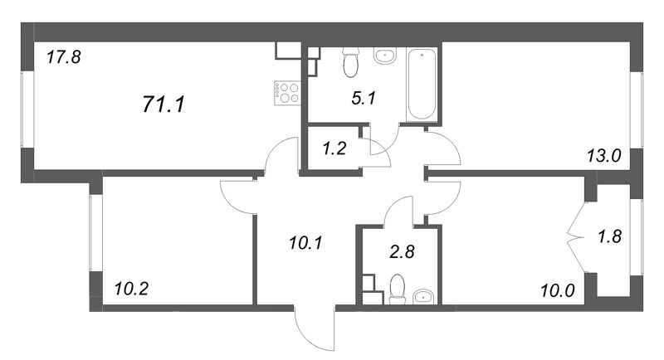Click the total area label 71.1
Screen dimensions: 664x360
(164, 104)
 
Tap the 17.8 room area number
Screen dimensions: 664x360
(64, 56)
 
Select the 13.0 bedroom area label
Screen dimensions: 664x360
(604, 156)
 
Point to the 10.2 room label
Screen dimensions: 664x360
(131, 289)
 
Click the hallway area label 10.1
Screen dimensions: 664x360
(305, 243)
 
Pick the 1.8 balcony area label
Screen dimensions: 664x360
(609, 236)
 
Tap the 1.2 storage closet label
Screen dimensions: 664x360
(334, 148)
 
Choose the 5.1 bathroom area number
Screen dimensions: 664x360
(364, 99)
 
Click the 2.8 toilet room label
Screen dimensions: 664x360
(403, 251)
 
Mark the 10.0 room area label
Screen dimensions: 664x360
(558, 290)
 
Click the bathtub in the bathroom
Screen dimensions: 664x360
(422, 84)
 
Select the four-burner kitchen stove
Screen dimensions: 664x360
(286, 93)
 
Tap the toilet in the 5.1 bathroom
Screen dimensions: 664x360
(350, 62)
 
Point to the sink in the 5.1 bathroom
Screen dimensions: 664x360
(385, 56)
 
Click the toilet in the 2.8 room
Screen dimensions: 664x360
(398, 289)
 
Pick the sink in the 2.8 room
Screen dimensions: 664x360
(423, 297)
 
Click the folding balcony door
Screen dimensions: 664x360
(577, 238)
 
